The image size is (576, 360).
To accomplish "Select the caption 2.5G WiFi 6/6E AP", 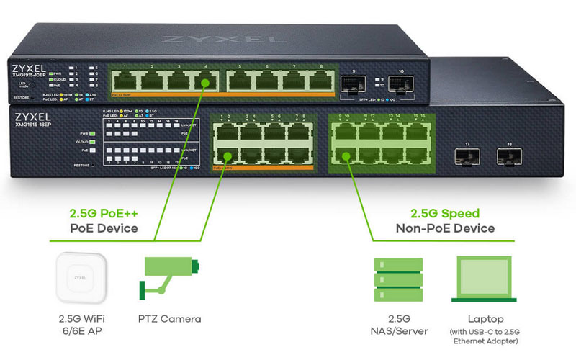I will [79, 325].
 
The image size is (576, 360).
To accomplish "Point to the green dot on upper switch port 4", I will [206, 84].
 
